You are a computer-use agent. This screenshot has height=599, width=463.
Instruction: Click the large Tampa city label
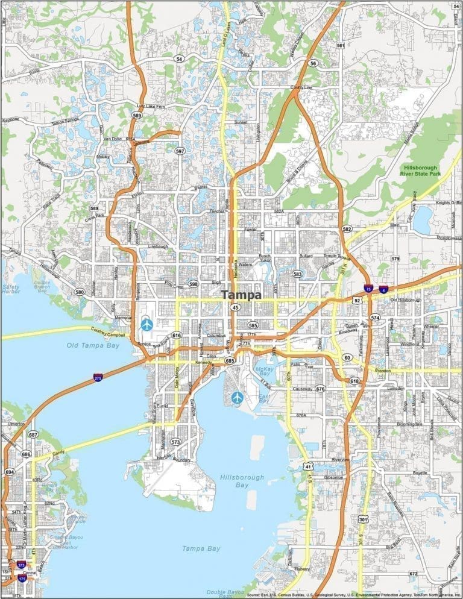(x=242, y=295)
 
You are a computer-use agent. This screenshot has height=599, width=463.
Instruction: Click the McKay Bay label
(x=265, y=372)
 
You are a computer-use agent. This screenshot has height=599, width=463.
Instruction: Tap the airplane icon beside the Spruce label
(x=146, y=324)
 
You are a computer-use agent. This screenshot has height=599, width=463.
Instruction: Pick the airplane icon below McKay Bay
(x=238, y=398)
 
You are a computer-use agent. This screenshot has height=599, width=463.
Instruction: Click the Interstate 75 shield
(x=368, y=289)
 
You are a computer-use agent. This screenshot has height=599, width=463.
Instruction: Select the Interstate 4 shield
(x=383, y=290)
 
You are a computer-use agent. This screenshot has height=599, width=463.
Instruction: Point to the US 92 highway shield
(x=357, y=300)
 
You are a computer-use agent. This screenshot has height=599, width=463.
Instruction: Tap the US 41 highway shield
(x=307, y=466)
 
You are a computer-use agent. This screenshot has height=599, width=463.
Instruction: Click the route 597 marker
(x=180, y=151)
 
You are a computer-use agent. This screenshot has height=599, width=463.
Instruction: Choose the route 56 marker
(x=312, y=63)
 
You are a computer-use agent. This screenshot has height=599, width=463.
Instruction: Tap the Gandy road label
(x=59, y=445)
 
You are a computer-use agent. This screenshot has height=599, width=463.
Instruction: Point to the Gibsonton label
(x=333, y=477)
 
